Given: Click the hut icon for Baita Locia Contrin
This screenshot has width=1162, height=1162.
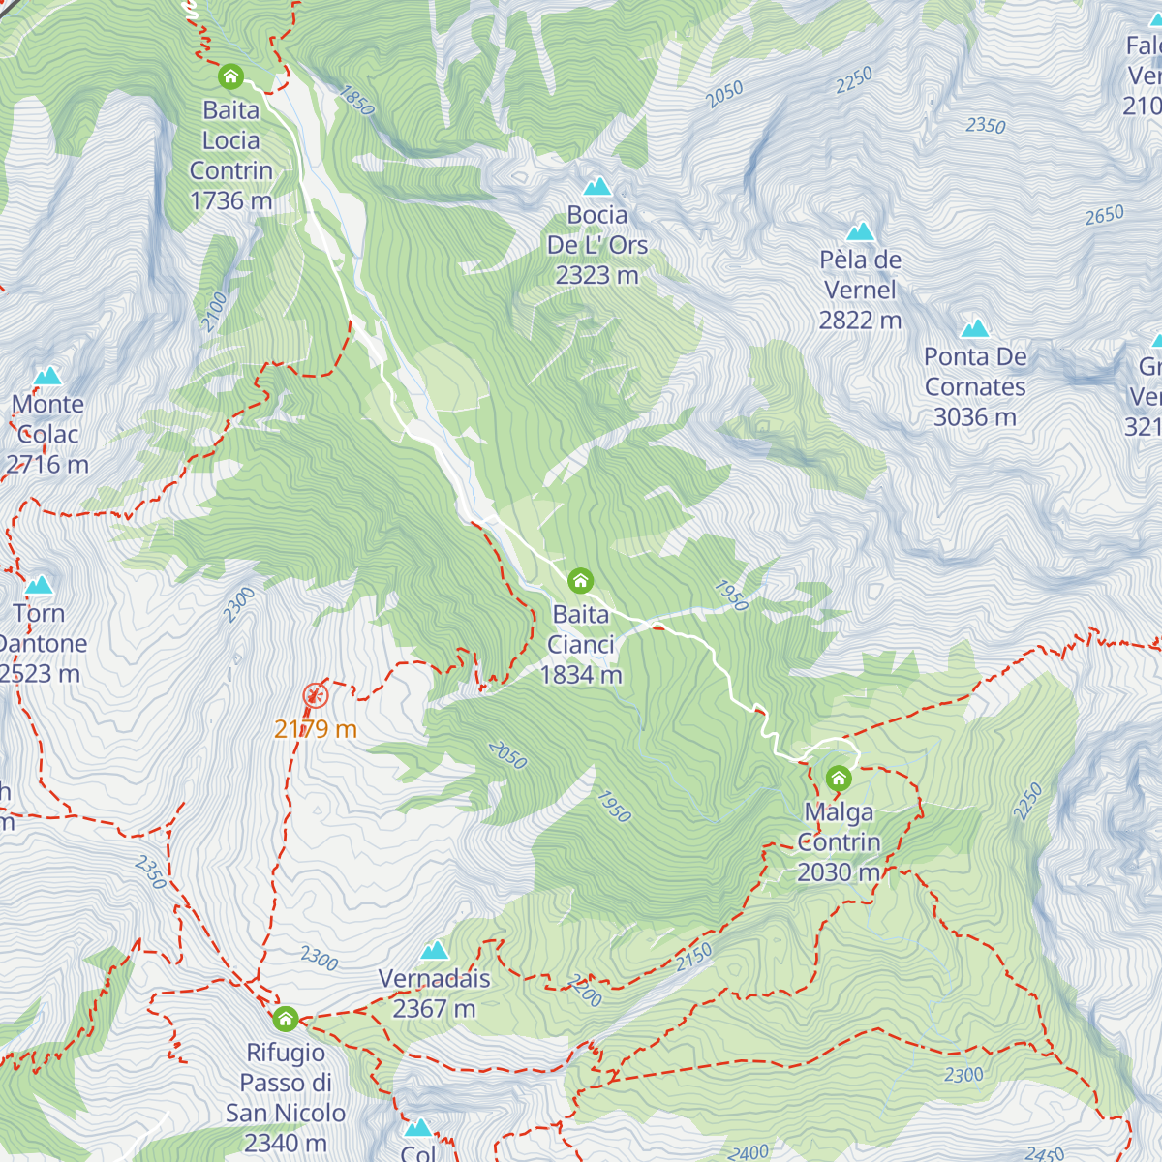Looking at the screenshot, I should click(x=230, y=76).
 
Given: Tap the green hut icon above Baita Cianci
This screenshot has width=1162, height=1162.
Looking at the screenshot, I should click(x=580, y=581).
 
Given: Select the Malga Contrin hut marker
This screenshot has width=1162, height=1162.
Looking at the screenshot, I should click(x=839, y=778).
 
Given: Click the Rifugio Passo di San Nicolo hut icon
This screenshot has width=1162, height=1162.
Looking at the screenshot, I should click(x=285, y=1019).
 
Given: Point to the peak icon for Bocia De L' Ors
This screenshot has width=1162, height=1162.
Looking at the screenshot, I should click(x=597, y=186).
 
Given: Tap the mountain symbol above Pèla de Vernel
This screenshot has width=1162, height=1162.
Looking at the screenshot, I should click(x=860, y=231).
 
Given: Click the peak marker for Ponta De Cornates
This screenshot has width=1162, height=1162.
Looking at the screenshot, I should click(x=975, y=329).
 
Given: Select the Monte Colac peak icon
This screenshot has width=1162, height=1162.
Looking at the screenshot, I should click(x=47, y=376).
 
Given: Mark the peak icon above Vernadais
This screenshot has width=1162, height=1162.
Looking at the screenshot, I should click(x=435, y=950).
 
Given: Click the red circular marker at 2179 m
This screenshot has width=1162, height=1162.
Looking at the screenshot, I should click(x=315, y=694).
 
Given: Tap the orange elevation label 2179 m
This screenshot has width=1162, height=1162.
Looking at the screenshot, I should click(x=316, y=729).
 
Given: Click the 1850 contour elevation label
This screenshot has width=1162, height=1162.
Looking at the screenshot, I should click(x=356, y=100).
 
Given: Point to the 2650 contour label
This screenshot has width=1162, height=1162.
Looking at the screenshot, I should click(x=1104, y=215).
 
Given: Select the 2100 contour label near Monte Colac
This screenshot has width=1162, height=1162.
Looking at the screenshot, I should click(x=215, y=312).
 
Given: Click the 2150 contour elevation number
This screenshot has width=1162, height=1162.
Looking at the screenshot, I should click(x=693, y=958).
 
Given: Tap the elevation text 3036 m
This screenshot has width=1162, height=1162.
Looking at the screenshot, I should click(x=975, y=417).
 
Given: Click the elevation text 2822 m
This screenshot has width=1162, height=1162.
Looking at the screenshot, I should click(x=860, y=320).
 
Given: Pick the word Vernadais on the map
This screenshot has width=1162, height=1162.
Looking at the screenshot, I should click(x=435, y=979).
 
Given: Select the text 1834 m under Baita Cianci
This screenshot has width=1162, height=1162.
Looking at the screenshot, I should click(x=581, y=675).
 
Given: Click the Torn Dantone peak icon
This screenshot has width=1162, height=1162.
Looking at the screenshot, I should click(x=39, y=585).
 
